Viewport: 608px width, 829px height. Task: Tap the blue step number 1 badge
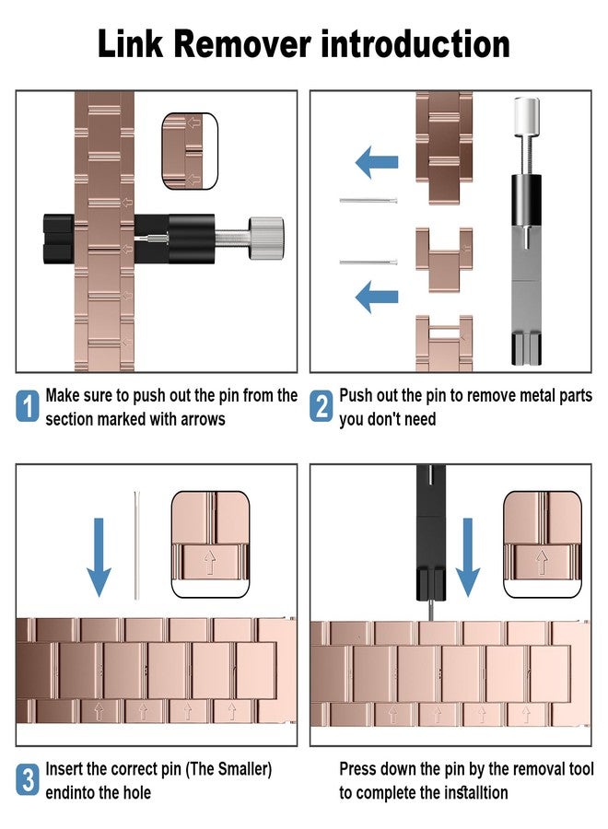[x=28, y=406]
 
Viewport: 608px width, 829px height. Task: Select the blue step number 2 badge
[x=321, y=406]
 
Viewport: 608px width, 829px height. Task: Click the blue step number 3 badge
[x=28, y=779]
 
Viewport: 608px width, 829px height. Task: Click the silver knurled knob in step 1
[x=266, y=238]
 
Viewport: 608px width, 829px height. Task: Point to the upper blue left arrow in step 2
[x=377, y=162]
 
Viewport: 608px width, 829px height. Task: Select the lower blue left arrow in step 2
[x=377, y=297]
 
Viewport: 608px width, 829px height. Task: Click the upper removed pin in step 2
[x=368, y=201]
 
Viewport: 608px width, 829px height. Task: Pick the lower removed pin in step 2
[x=368, y=262]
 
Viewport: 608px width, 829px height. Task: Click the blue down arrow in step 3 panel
[x=99, y=557]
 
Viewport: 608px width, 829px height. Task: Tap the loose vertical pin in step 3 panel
[x=137, y=545]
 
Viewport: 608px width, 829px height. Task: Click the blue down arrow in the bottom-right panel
[x=467, y=557]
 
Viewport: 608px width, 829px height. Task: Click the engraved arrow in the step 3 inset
[x=210, y=563]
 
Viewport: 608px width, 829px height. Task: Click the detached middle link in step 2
[x=444, y=259]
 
